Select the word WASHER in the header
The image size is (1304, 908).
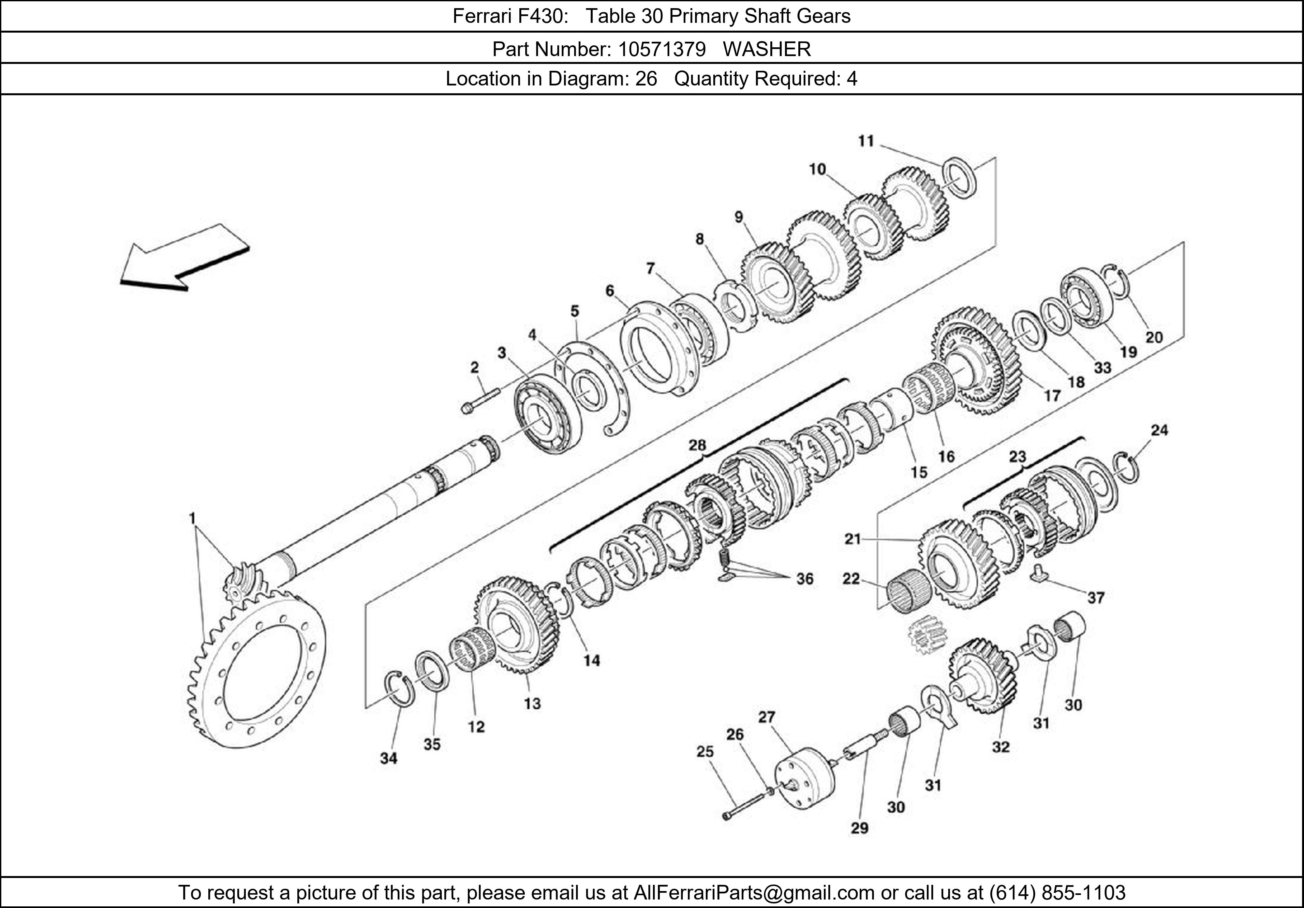click(x=767, y=50)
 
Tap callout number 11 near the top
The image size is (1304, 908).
click(x=866, y=141)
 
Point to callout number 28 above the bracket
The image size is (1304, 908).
click(x=697, y=445)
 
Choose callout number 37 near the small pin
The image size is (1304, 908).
click(x=1096, y=598)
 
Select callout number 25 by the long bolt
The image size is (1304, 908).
click(x=705, y=752)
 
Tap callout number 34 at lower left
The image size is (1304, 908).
click(x=389, y=758)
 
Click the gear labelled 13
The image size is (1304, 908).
click(x=517, y=625)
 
